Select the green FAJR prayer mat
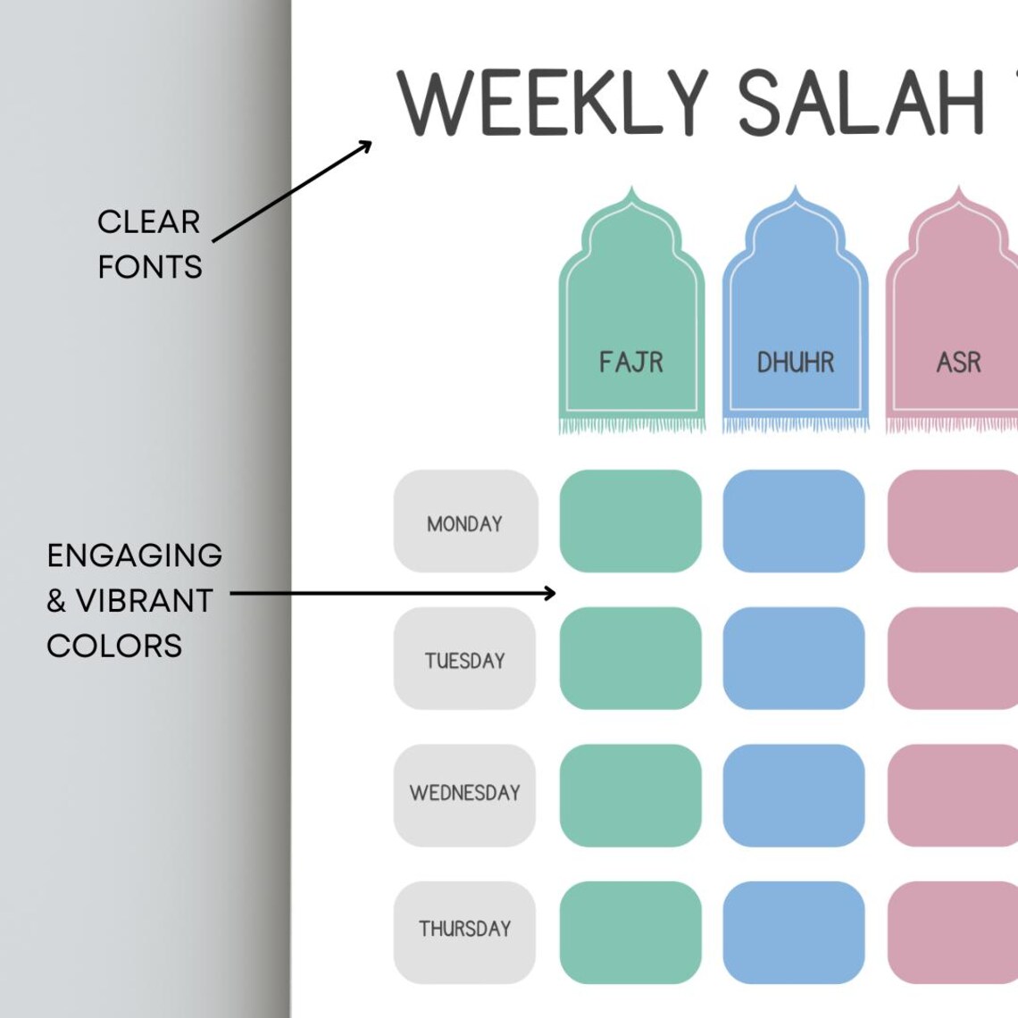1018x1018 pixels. click(x=631, y=313)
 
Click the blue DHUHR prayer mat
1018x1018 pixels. click(x=795, y=313)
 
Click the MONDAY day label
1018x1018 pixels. click(x=465, y=522)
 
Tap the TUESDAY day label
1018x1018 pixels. click(x=464, y=660)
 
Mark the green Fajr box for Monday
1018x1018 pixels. click(x=630, y=522)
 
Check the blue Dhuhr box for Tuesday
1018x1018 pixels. click(x=794, y=659)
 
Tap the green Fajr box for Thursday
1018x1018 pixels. click(x=630, y=932)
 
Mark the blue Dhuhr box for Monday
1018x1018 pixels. click(x=794, y=522)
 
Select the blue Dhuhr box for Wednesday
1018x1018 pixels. click(x=794, y=796)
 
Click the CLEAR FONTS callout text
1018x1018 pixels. click(x=149, y=244)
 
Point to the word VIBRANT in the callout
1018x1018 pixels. click(x=145, y=601)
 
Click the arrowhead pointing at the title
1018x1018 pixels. click(x=366, y=145)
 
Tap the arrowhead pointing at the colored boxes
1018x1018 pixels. click(x=550, y=592)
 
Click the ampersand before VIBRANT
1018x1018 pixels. click(x=56, y=602)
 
